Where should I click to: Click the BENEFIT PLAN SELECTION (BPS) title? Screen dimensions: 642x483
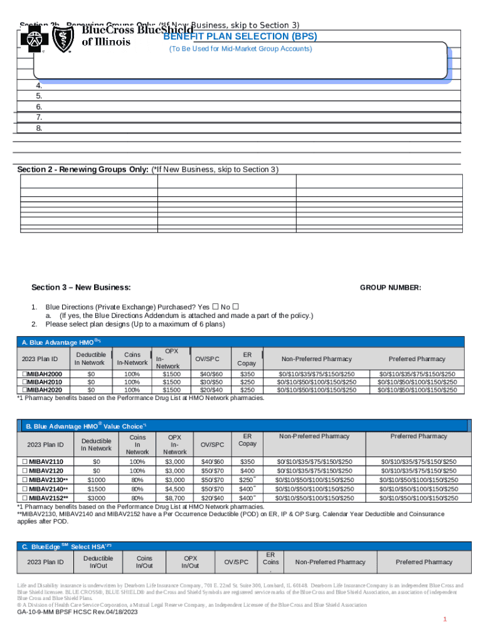click(240, 36)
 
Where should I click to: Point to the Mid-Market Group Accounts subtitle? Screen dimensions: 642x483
click(240, 48)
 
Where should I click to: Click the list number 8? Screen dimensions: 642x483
click(39, 128)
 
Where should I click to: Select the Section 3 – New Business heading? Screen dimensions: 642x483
click(81, 288)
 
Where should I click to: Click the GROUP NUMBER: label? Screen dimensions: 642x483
click(390, 288)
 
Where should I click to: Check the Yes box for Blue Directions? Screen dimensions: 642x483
click(215, 306)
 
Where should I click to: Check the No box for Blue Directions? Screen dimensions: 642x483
click(236, 306)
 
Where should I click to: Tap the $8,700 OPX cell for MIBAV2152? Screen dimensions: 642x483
click(174, 497)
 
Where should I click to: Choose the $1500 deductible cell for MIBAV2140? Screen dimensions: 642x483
click(96, 488)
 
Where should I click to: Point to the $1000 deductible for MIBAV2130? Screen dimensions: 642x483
click(96, 480)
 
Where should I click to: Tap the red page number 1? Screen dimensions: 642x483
click(444, 619)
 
